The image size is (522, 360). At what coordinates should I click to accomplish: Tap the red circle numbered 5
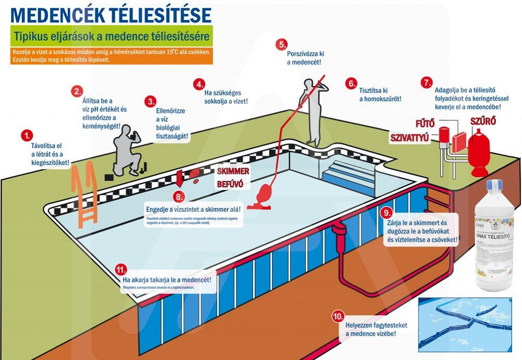tap(282, 45)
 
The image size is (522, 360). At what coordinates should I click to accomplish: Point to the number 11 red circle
tap(121, 270)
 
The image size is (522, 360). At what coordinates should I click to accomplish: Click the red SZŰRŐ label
tap(483, 121)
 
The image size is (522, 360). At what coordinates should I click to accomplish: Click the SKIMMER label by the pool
tap(233, 171)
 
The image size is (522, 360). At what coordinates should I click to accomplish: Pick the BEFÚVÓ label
tap(231, 184)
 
